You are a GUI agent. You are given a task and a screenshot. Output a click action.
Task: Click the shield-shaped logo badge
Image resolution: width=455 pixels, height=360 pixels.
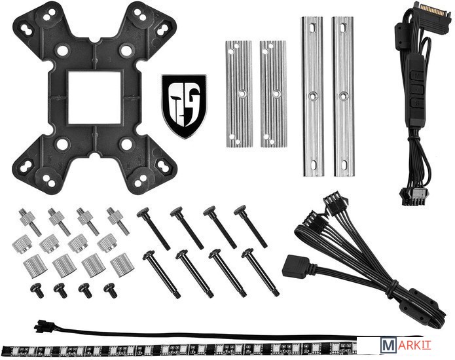click(x=184, y=106)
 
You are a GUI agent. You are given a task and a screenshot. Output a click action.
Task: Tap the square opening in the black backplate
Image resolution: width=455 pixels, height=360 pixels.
click(x=94, y=98)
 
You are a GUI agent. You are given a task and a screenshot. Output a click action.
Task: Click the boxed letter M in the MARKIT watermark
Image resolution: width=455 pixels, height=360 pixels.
click(x=388, y=345)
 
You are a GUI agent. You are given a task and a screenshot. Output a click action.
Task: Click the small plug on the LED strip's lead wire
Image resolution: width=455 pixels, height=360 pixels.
click(x=41, y=327)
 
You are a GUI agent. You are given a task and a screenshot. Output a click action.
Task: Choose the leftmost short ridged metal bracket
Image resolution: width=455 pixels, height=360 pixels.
click(x=239, y=94)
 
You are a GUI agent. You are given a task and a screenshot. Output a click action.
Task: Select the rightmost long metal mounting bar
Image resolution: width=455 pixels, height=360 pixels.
click(x=343, y=96)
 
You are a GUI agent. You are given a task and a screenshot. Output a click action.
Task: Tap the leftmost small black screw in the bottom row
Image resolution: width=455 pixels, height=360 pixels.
click(x=37, y=290)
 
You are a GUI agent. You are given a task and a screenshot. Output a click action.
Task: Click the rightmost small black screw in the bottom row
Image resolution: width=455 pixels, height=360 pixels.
click(x=111, y=290)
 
